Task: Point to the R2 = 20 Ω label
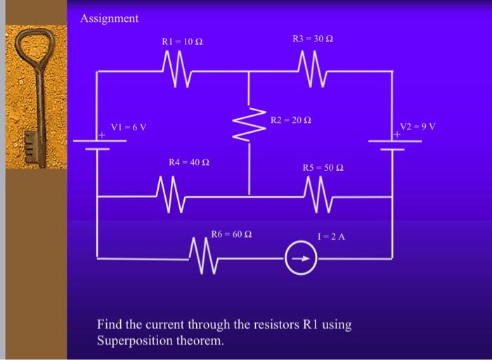(x=290, y=122)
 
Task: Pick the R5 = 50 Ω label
(x=323, y=167)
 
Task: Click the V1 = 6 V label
(x=128, y=127)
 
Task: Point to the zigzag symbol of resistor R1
(x=173, y=70)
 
